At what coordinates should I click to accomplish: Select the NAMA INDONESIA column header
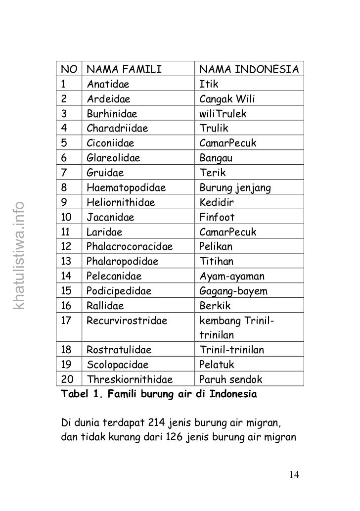(249, 69)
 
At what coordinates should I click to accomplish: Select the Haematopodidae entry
(126, 188)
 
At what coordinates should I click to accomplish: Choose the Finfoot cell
(217, 217)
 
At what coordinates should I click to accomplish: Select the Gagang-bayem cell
(233, 291)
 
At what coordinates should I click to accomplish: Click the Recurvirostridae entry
(127, 321)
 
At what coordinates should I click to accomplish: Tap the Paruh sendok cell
(230, 380)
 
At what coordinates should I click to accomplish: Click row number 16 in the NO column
(66, 306)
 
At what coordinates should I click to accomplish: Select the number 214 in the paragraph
(156, 423)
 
